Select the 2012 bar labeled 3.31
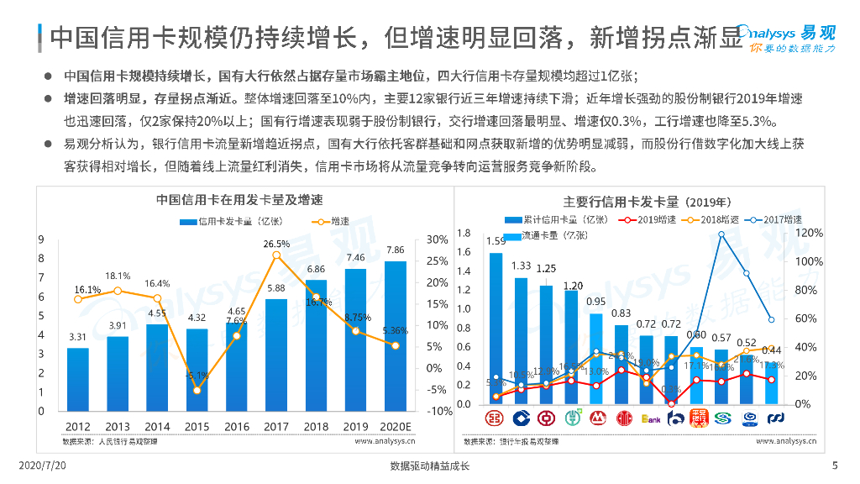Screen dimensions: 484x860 (77, 379)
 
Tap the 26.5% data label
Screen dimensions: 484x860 (276, 244)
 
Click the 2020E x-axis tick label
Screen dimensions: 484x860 (395, 426)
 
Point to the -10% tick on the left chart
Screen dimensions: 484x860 (440, 412)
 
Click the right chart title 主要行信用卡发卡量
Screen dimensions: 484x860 (647, 202)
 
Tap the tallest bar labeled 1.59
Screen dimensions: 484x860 (496, 328)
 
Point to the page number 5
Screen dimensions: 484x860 (835, 466)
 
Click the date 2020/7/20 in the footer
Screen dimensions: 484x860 (41, 466)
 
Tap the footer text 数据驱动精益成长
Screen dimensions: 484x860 (430, 466)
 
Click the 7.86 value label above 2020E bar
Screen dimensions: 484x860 (395, 250)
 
